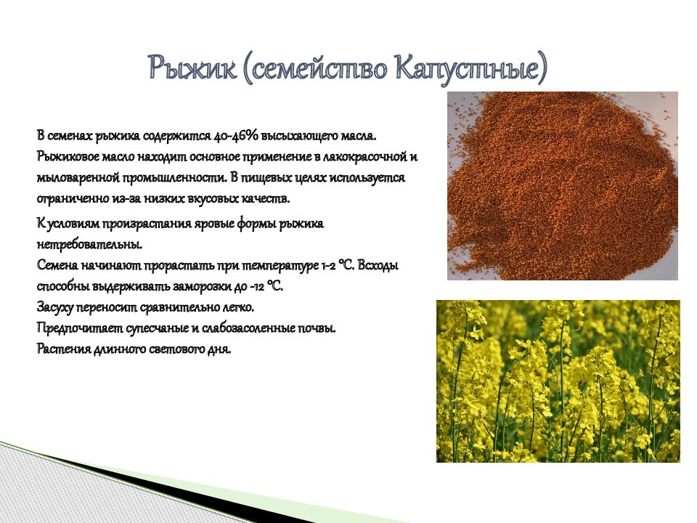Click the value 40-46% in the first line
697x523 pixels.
232,136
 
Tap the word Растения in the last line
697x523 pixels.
62,349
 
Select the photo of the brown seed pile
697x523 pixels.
562,185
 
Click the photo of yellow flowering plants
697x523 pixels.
558,381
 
